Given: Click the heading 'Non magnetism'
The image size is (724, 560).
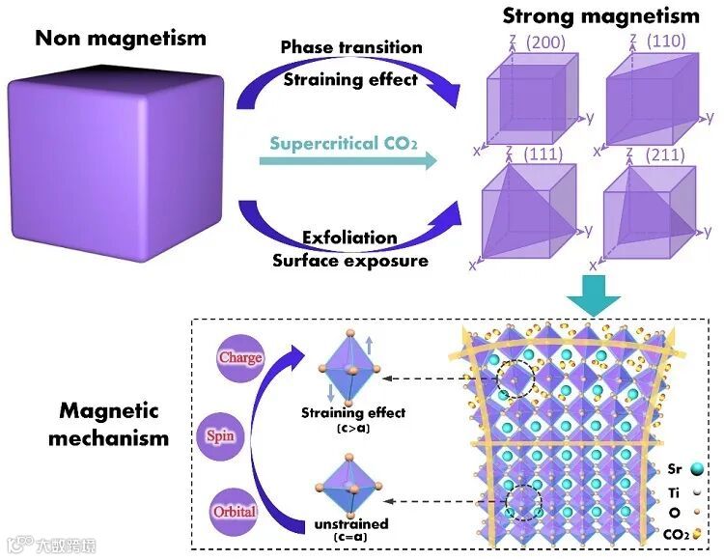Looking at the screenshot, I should pyautogui.click(x=121, y=39).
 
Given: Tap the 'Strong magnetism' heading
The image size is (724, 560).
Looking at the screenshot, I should pyautogui.click(x=600, y=15).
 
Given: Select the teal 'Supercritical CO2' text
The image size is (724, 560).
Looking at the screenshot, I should pyautogui.click(x=344, y=144).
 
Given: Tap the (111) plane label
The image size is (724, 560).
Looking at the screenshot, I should pyautogui.click(x=542, y=154).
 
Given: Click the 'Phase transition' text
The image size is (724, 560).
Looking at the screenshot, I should pyautogui.click(x=351, y=47).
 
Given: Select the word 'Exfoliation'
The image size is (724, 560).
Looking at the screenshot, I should pyautogui.click(x=348, y=238).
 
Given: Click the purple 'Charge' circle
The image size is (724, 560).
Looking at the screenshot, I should pyautogui.click(x=240, y=358).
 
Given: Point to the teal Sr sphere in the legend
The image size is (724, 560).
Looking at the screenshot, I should pyautogui.click(x=696, y=469).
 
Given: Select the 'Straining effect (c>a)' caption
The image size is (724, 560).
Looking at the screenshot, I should pyautogui.click(x=352, y=419).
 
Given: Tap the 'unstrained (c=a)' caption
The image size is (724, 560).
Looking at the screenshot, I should pyautogui.click(x=351, y=529).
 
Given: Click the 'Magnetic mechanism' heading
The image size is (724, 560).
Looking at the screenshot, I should pyautogui.click(x=114, y=423).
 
